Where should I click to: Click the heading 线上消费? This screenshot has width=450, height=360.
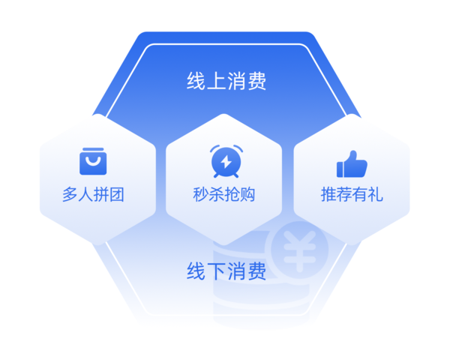tap(226, 81)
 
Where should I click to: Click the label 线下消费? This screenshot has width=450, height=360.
tap(226, 271)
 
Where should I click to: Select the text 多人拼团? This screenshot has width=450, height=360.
tap(93, 195)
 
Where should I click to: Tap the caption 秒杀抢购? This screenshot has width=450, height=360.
tap(223, 195)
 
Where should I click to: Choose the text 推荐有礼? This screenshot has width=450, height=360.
tap(352, 195)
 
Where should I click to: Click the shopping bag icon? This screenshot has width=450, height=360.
tap(91, 162)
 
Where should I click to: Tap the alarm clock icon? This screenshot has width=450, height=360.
tap(223, 160)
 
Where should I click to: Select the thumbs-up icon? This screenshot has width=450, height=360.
tap(351, 163)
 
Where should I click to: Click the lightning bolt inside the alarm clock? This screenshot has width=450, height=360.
tap(223, 162)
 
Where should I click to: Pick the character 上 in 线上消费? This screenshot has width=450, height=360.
tap(216, 81)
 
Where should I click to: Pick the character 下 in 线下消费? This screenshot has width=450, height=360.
tap(216, 271)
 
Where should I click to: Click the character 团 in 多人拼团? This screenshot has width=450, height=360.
tap(116, 195)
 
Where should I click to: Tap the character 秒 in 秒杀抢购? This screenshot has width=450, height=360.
tap(200, 195)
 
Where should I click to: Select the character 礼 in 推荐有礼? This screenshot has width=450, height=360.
tap(375, 195)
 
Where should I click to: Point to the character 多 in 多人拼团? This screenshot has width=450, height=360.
tap(70, 195)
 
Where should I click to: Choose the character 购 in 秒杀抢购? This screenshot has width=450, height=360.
tap(247, 195)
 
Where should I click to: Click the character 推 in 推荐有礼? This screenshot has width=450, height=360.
tap(328, 195)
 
